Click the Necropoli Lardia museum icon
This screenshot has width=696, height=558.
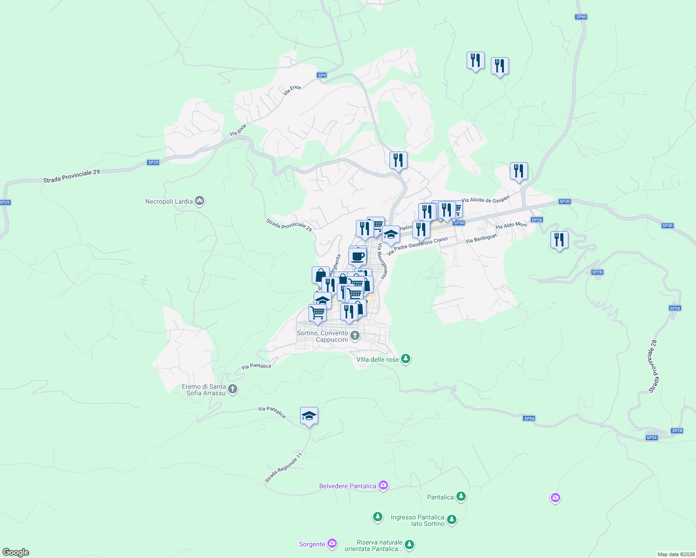(200, 201)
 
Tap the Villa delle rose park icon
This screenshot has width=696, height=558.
(406, 359)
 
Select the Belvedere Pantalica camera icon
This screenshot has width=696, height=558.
(383, 485)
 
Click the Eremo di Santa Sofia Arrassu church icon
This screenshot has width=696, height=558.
(233, 390)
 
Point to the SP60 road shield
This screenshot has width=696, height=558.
(581, 17)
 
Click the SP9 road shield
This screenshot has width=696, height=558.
(322, 75)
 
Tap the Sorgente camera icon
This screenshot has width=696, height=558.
(332, 544)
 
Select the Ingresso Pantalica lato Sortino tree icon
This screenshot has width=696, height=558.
(452, 520)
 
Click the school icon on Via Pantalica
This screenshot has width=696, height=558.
(309, 416)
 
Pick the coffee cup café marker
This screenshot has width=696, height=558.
(357, 256)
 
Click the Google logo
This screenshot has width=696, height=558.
(16, 552)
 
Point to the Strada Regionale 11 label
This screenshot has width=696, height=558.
(283, 467)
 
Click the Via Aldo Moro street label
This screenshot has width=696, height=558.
(511, 225)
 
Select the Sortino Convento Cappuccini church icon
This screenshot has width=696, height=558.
(355, 336)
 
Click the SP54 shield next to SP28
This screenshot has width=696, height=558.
(652, 438)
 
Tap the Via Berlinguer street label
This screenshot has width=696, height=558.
(481, 238)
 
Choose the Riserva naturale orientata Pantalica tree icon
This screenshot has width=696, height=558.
(409, 545)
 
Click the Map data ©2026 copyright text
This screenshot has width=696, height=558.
(676, 554)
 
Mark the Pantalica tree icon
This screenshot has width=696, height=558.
(461, 497)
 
